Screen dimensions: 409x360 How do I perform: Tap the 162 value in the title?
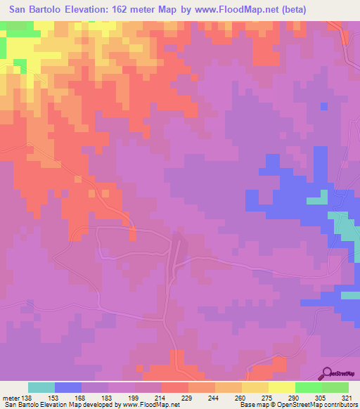pyautogui.click(x=141, y=11)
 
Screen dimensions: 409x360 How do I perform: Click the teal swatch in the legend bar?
pyautogui.click(x=41, y=387)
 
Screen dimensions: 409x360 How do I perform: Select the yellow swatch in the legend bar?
pyautogui.click(x=281, y=387)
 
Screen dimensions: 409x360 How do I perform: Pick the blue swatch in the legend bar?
pyautogui.click(x=68, y=387)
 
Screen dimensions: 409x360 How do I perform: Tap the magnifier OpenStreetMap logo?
pyautogui.click(x=328, y=372)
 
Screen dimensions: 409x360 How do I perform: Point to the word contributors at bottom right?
pyautogui.click(x=340, y=405)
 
